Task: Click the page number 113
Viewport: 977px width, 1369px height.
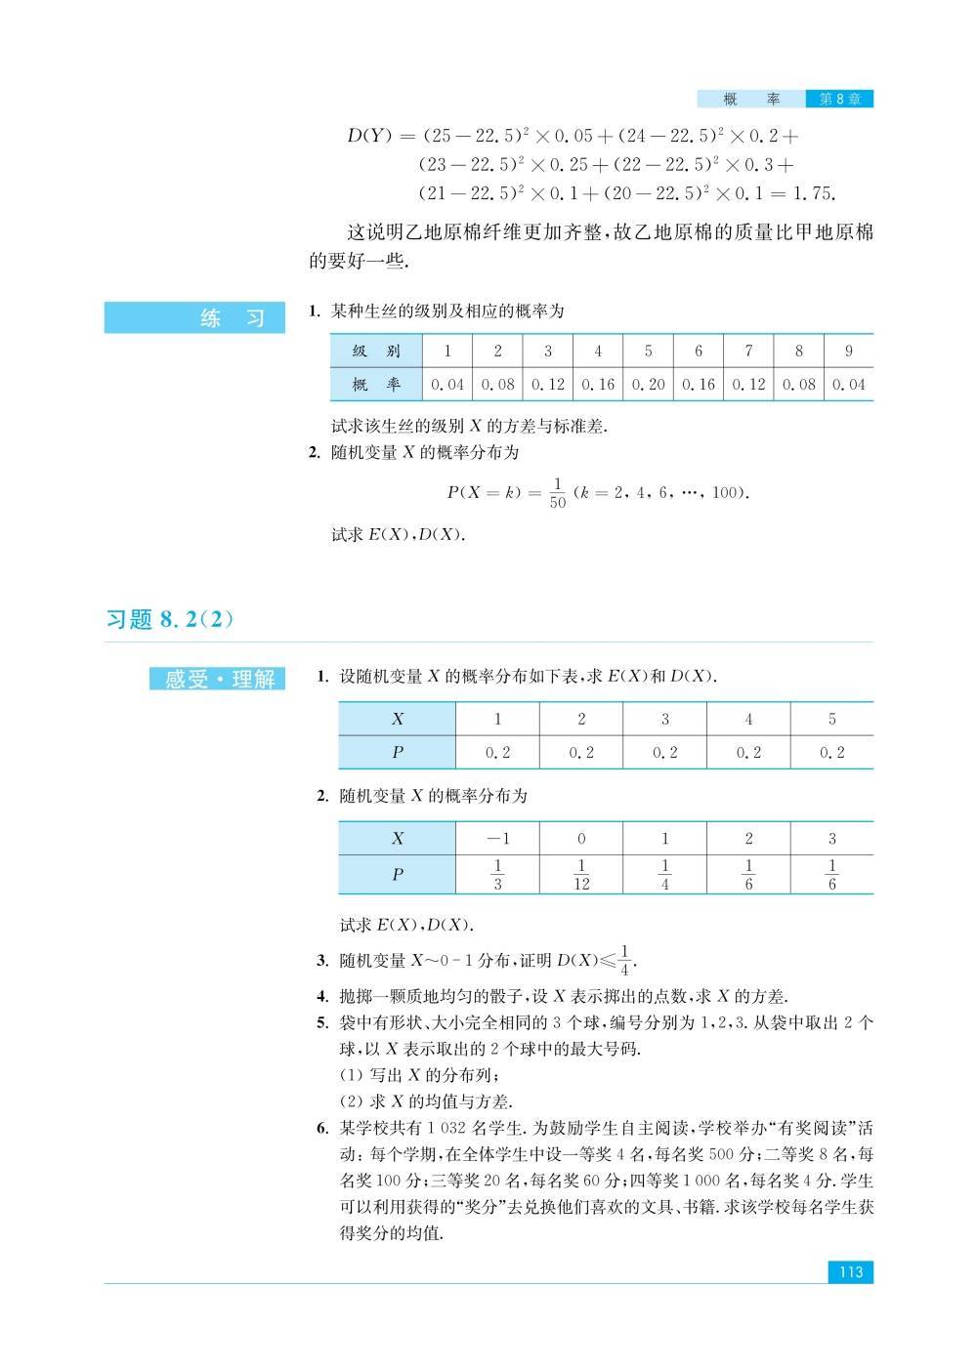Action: coord(850,1271)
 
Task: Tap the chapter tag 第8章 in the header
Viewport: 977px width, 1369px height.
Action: coord(838,99)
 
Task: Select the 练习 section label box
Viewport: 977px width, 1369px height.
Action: coord(194,318)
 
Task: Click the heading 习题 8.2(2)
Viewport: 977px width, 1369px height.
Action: coord(171,619)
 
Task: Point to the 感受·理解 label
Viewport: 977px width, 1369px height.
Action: coord(218,679)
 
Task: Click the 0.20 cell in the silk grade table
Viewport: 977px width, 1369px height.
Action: coord(648,384)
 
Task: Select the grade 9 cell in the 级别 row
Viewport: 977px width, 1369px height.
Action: coord(848,351)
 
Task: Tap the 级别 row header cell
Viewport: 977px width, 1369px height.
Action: coord(376,351)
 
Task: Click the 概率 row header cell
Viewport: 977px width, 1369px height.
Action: coord(376,384)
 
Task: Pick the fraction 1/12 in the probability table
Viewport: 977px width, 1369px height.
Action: coord(581,874)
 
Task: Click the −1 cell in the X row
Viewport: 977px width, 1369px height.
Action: coord(497,838)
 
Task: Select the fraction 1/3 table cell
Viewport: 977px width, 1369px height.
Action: coord(497,874)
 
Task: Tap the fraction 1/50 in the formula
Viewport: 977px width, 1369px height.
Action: coord(557,493)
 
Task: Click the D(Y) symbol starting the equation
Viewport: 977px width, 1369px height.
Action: coord(368,136)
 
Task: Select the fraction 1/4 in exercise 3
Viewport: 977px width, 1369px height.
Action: coord(625,960)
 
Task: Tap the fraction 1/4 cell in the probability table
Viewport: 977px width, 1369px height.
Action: coord(665,874)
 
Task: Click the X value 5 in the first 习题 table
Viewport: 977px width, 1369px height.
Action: coord(832,719)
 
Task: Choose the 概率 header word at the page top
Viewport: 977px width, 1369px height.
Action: coord(750,99)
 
